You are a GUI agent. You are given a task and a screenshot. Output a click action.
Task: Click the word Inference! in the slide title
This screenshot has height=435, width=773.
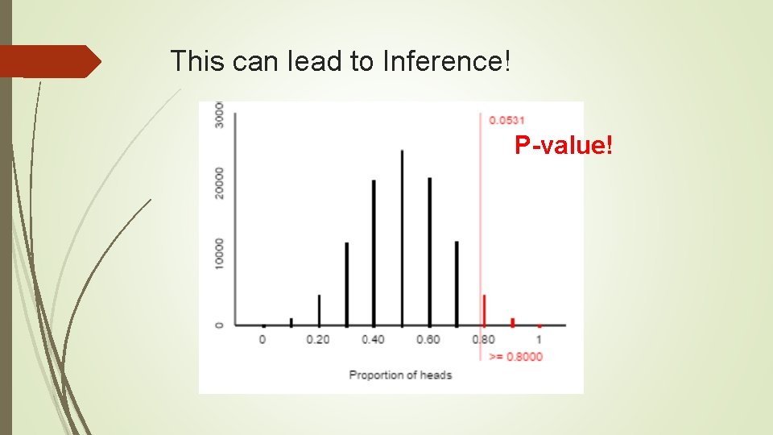446,61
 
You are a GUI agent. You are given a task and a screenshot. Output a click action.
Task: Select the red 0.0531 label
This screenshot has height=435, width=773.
507,120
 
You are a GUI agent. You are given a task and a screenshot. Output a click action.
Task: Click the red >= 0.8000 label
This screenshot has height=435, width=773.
516,356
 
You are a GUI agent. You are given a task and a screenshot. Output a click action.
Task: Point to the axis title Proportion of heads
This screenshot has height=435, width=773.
400,375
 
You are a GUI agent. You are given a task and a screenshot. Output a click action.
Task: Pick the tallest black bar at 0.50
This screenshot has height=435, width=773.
401,238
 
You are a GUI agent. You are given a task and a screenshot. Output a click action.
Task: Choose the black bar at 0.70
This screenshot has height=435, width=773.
457,283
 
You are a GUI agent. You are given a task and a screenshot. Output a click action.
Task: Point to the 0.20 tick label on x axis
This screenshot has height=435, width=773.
318,339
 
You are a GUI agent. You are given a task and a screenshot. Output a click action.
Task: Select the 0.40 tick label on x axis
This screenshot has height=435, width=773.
373,339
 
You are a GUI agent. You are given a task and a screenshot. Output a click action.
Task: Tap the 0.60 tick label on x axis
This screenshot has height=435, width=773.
428,339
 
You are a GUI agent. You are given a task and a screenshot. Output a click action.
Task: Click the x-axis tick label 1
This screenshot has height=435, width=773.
539,339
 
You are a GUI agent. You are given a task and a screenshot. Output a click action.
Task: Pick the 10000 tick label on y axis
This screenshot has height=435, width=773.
220,255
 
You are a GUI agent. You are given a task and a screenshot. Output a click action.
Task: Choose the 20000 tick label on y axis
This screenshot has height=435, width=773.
220,184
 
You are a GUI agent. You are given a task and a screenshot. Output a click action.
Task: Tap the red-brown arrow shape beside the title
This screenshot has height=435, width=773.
50,61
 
